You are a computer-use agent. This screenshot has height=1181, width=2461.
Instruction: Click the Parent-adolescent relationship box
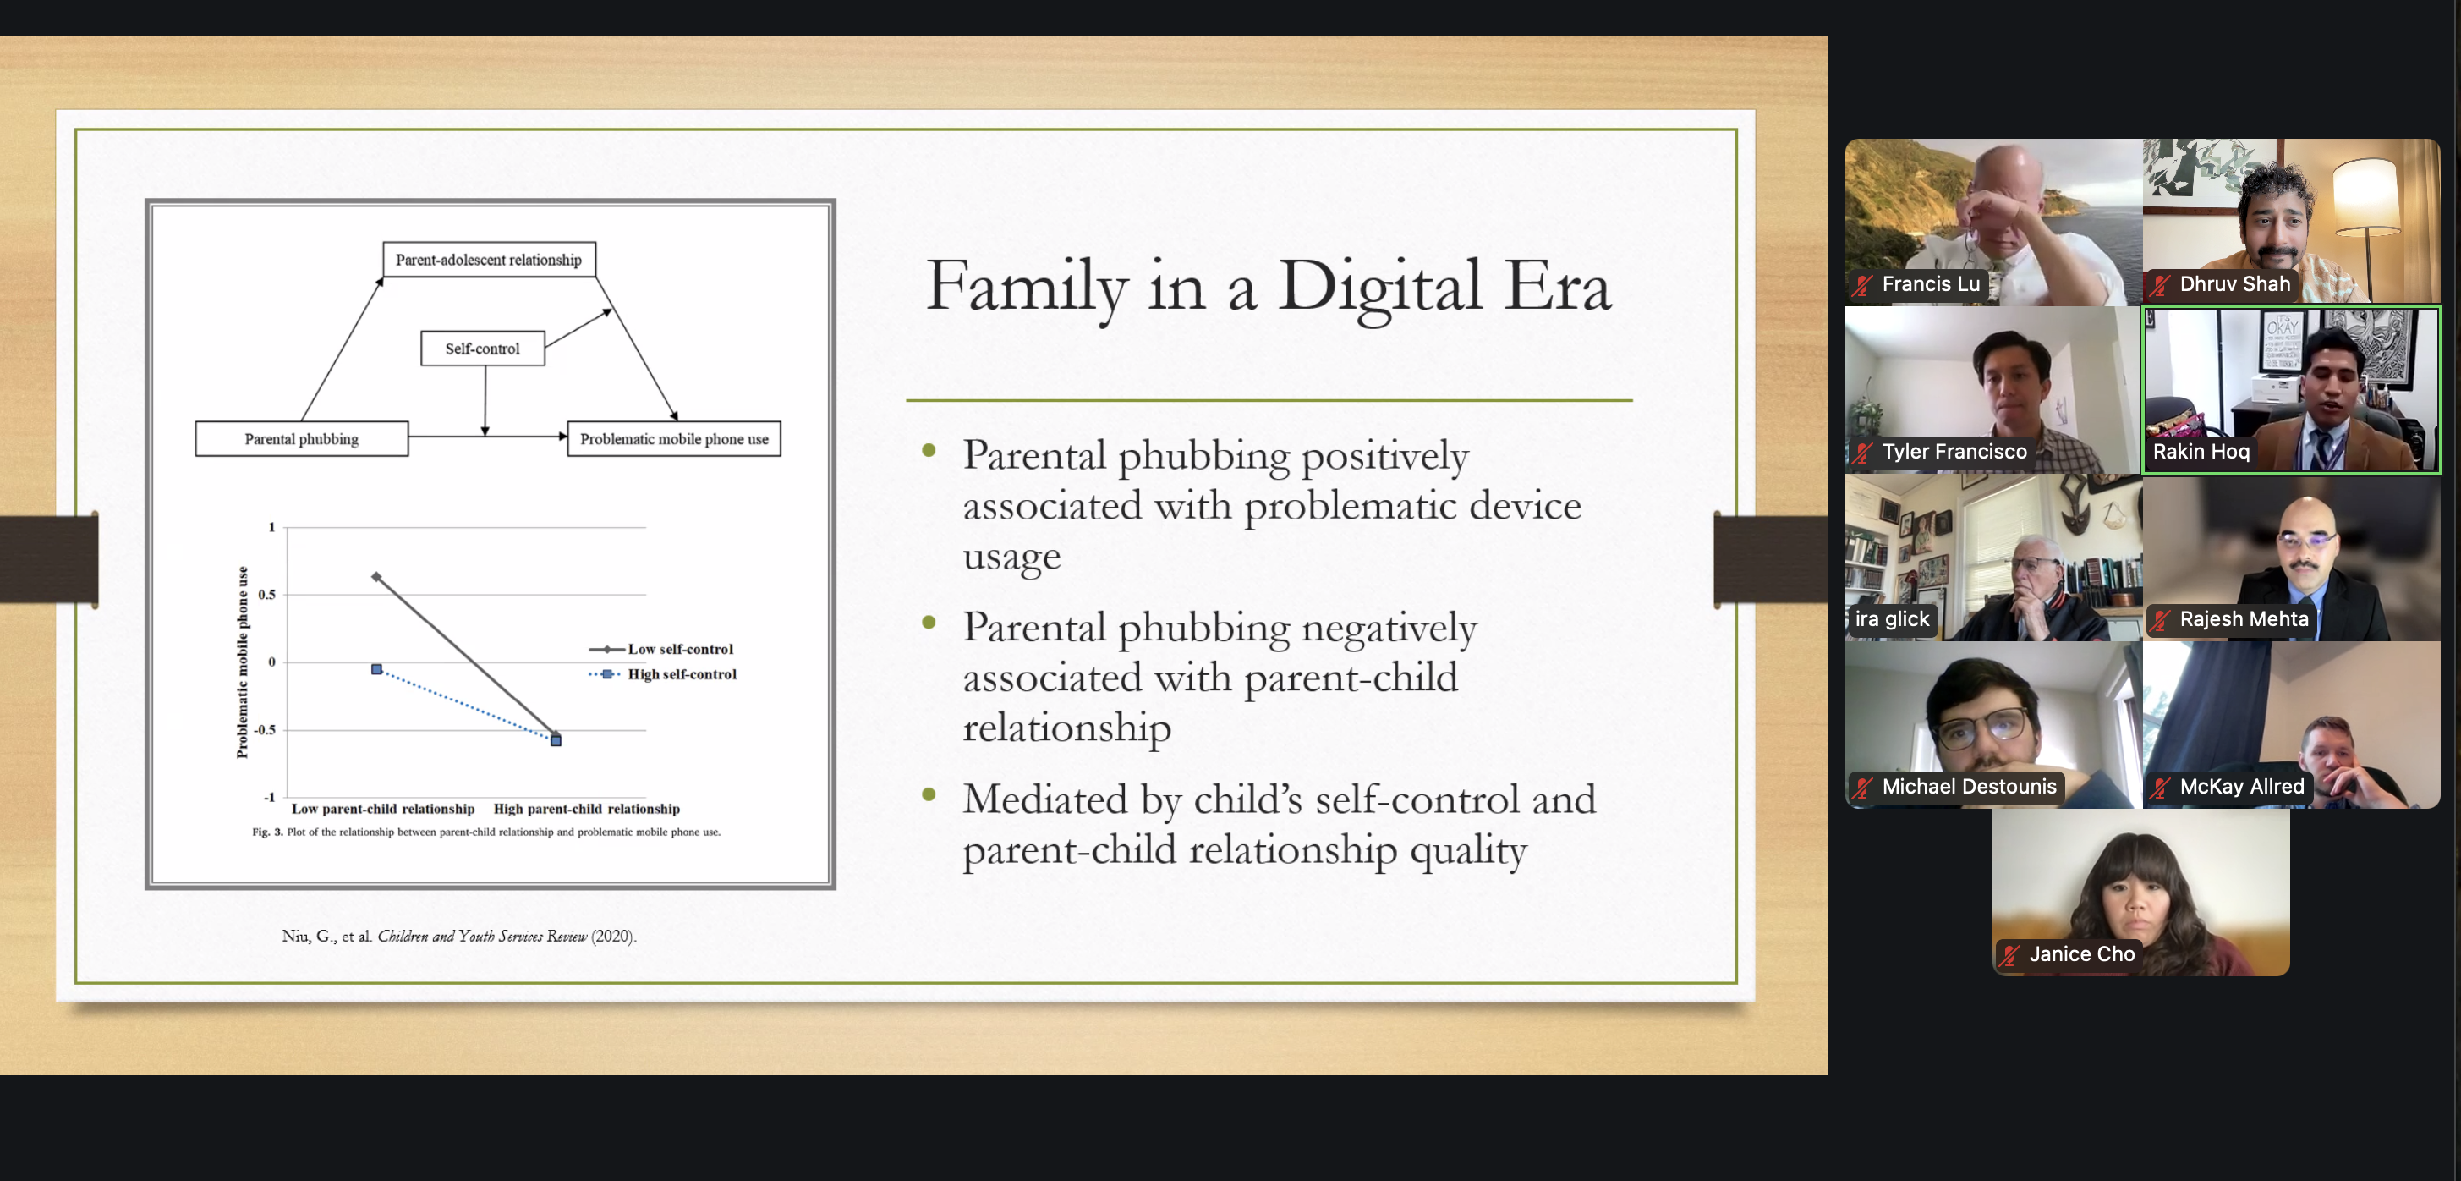coord(489,260)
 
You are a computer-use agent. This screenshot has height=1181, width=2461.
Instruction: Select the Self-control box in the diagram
coord(482,349)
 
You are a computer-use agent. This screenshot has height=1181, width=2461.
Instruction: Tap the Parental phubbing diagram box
coord(302,438)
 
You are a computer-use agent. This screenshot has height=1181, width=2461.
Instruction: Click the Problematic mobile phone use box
coord(675,438)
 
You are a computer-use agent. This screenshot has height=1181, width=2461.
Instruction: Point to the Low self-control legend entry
coord(661,649)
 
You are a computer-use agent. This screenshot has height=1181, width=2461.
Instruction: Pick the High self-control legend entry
coord(663,673)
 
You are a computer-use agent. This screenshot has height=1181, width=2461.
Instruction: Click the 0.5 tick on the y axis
coord(266,595)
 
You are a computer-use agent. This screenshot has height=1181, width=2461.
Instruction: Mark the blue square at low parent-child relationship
coord(376,670)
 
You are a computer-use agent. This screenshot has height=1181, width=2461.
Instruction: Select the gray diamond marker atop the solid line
coord(376,576)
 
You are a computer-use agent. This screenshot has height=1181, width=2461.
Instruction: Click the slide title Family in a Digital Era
coord(1268,286)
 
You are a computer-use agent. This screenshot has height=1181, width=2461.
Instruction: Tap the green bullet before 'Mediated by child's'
coord(929,794)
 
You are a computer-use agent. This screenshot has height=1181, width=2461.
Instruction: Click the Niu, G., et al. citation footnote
coord(458,936)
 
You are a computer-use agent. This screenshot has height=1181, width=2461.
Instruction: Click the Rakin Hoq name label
coord(2201,451)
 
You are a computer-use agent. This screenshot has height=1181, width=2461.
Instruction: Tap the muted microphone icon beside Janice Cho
coord(2010,953)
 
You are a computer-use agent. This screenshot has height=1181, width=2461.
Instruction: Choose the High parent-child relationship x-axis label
coord(587,809)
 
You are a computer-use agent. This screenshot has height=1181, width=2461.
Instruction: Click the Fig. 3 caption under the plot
coord(486,832)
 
